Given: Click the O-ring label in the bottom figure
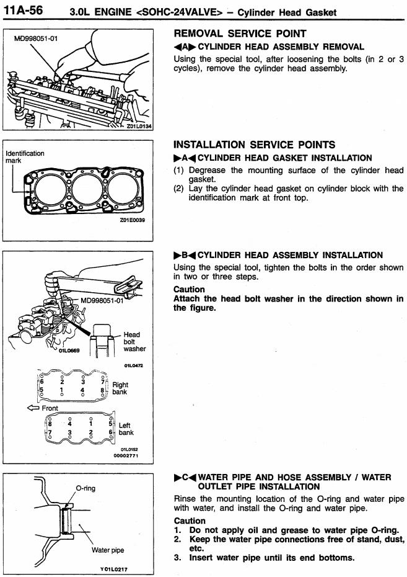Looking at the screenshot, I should pos(86,488).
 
